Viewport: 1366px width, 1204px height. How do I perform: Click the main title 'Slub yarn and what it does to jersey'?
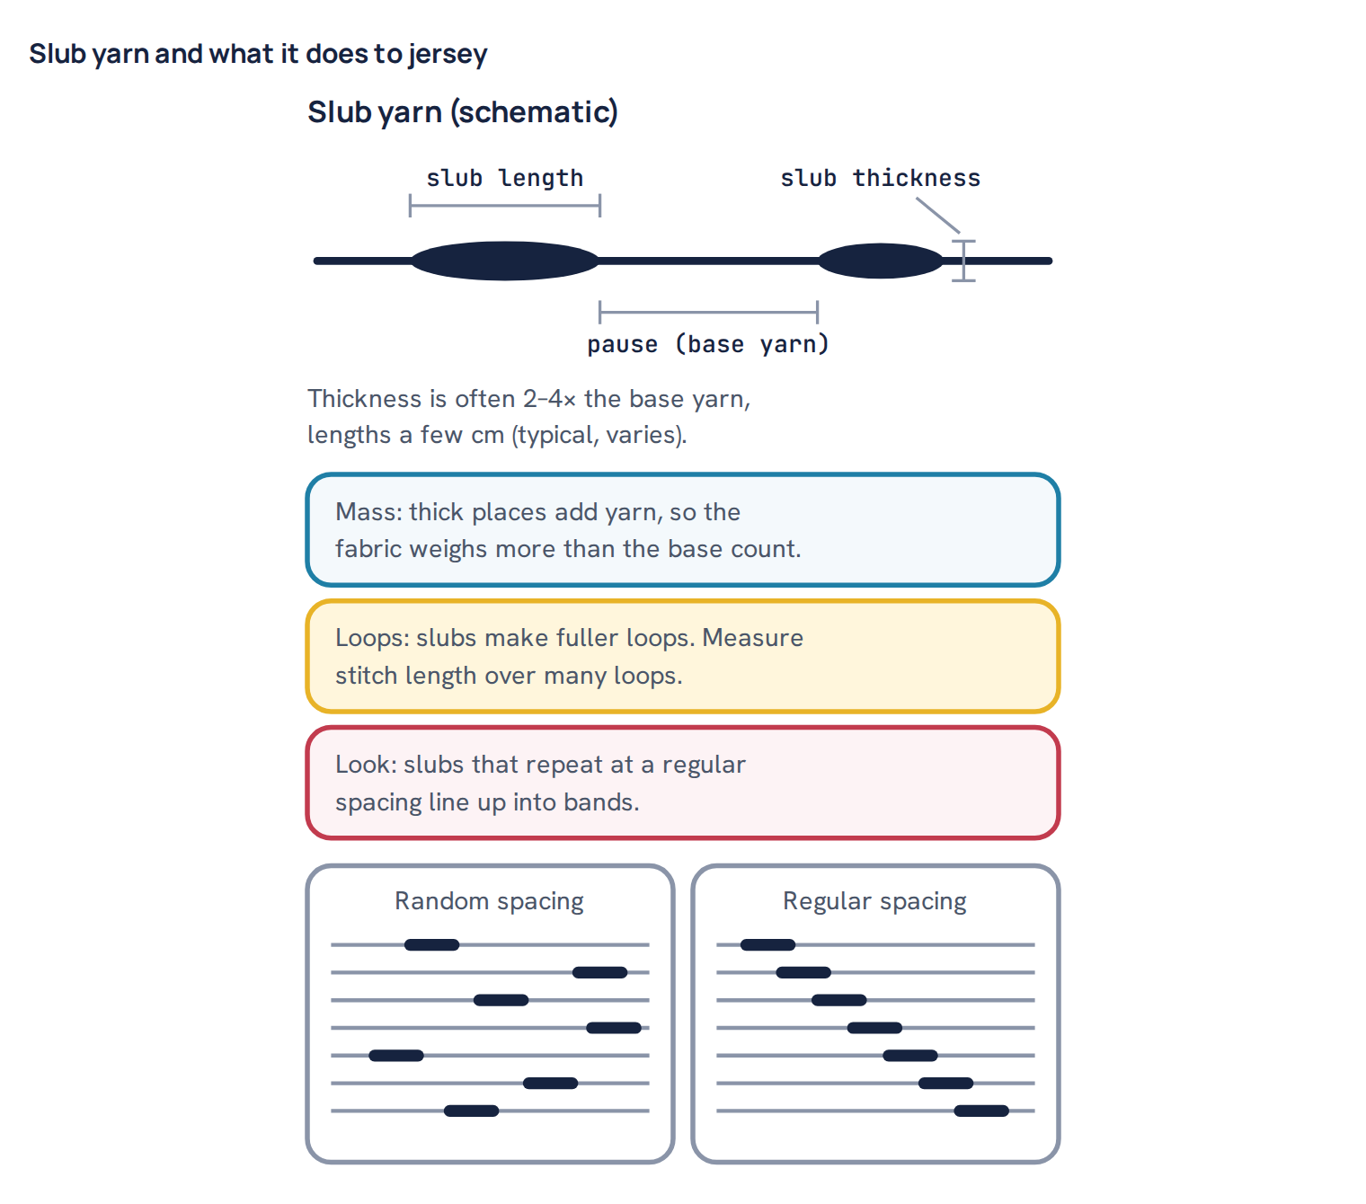click(258, 54)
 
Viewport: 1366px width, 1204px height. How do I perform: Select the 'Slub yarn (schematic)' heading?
click(462, 112)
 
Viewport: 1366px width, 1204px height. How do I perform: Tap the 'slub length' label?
click(504, 178)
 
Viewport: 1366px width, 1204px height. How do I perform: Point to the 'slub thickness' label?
click(880, 178)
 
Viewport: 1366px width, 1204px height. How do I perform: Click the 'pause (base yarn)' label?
click(708, 344)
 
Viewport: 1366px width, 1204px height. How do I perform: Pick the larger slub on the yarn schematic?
click(504, 261)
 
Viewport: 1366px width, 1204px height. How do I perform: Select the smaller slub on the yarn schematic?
click(880, 261)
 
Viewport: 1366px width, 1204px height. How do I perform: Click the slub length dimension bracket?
click(504, 205)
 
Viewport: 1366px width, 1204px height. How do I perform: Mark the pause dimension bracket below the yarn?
click(708, 312)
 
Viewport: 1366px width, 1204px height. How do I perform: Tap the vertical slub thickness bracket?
click(963, 261)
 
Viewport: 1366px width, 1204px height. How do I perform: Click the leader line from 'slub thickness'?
click(937, 215)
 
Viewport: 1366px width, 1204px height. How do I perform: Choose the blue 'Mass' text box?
click(682, 530)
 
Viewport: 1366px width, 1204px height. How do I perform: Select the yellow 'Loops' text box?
click(682, 656)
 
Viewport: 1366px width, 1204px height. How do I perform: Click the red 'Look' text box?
click(682, 783)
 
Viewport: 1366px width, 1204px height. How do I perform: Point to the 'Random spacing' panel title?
click(489, 901)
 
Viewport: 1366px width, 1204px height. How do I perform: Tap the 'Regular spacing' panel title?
click(874, 901)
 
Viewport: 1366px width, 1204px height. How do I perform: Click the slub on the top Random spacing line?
click(431, 945)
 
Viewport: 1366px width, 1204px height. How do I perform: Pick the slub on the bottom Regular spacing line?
click(981, 1111)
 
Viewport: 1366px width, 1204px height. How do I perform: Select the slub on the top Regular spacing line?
click(767, 945)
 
